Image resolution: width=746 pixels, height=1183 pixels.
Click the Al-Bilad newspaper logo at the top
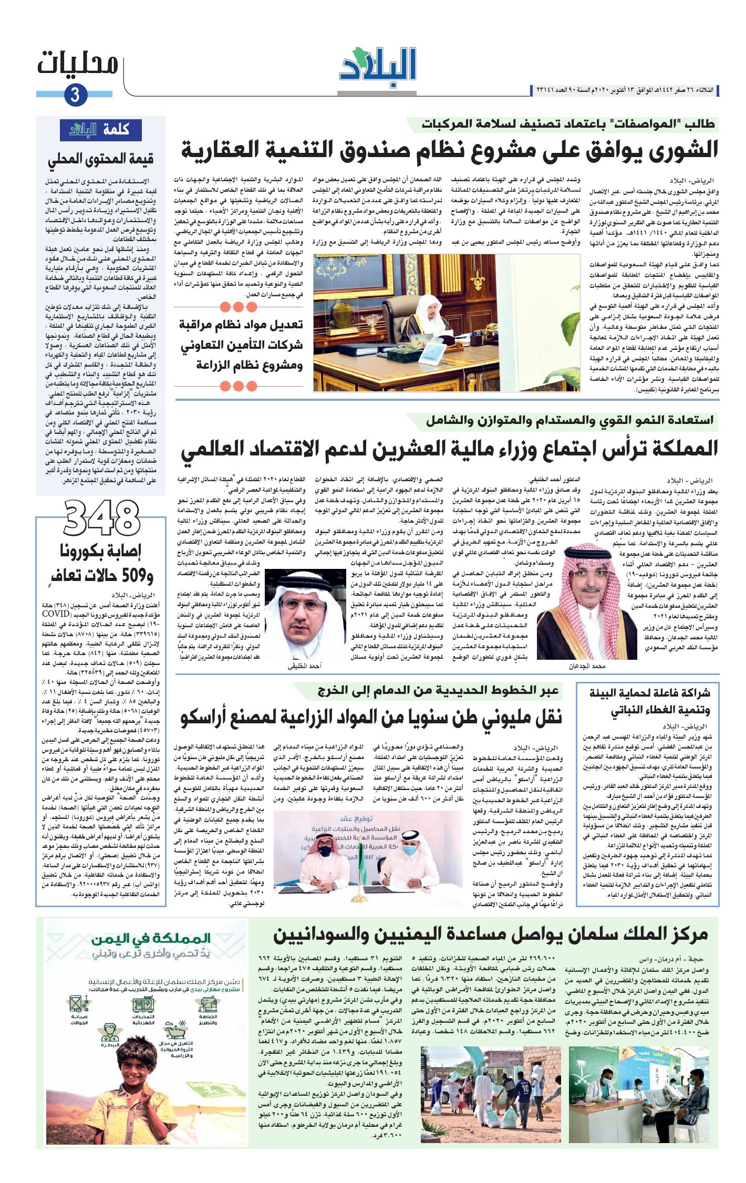[378, 66]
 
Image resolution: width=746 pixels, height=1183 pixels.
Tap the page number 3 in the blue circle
[75, 95]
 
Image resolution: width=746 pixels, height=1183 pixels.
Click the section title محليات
[78, 64]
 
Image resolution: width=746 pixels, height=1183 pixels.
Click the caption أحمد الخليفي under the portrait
[304, 666]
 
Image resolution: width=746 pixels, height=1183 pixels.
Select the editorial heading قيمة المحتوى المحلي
[101, 159]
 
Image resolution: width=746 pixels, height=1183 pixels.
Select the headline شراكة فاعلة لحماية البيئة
[649, 693]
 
